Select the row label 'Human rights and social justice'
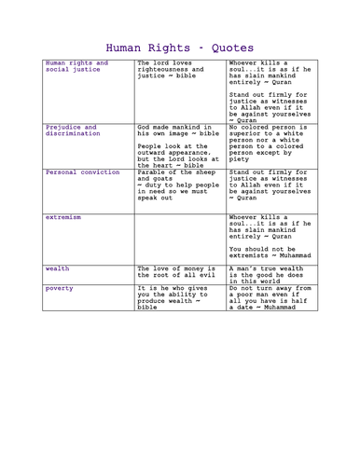76,68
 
